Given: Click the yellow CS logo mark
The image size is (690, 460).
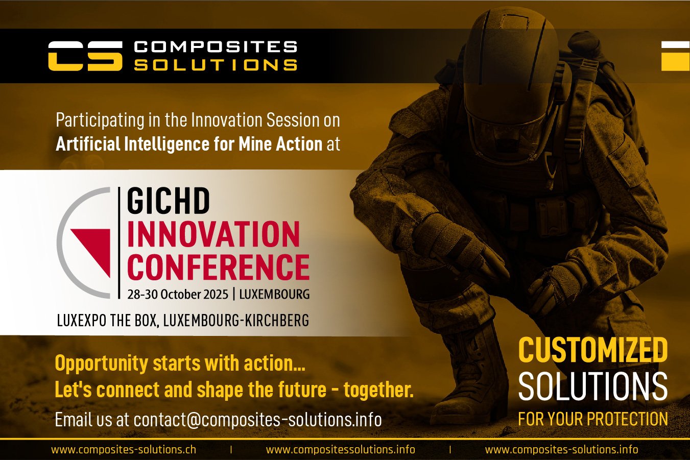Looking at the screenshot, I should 85,56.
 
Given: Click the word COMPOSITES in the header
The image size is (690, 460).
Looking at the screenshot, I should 215,47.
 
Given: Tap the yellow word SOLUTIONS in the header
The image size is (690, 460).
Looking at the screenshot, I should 215,65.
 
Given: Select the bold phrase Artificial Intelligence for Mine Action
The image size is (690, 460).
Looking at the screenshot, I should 189,144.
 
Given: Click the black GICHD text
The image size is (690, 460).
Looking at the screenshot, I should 168,201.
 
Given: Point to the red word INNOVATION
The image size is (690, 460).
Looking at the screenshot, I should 213,234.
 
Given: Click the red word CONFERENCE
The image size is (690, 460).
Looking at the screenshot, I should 218,267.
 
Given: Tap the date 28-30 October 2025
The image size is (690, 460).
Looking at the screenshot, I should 177,295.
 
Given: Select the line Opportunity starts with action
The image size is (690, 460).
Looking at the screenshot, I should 180,364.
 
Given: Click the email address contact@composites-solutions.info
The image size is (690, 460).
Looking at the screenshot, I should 257,420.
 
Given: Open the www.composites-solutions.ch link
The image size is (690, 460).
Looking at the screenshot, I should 124,450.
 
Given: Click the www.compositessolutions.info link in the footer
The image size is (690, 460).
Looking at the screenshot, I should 340,450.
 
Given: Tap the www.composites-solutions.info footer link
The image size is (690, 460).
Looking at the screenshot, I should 561,450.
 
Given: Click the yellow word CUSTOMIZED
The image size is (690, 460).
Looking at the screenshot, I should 592,350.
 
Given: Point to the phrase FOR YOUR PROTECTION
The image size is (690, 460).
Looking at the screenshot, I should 592,419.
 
